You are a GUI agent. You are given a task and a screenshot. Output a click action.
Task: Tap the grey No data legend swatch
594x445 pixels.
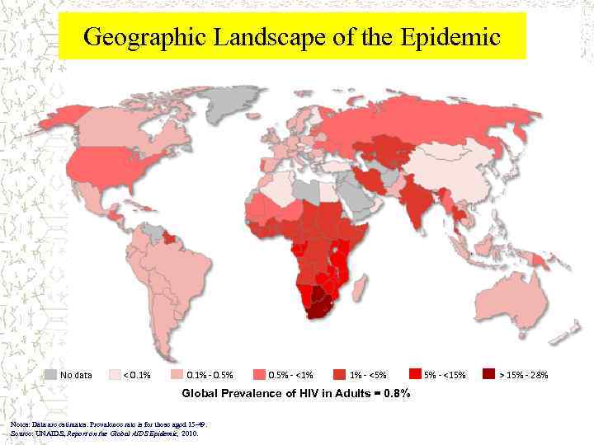[51, 375]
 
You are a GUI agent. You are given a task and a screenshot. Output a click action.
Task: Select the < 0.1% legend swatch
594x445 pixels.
[115, 375]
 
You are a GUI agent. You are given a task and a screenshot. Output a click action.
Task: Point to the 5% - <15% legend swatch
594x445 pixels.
[416, 375]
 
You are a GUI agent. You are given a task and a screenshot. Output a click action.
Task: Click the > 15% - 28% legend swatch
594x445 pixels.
[490, 375]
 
